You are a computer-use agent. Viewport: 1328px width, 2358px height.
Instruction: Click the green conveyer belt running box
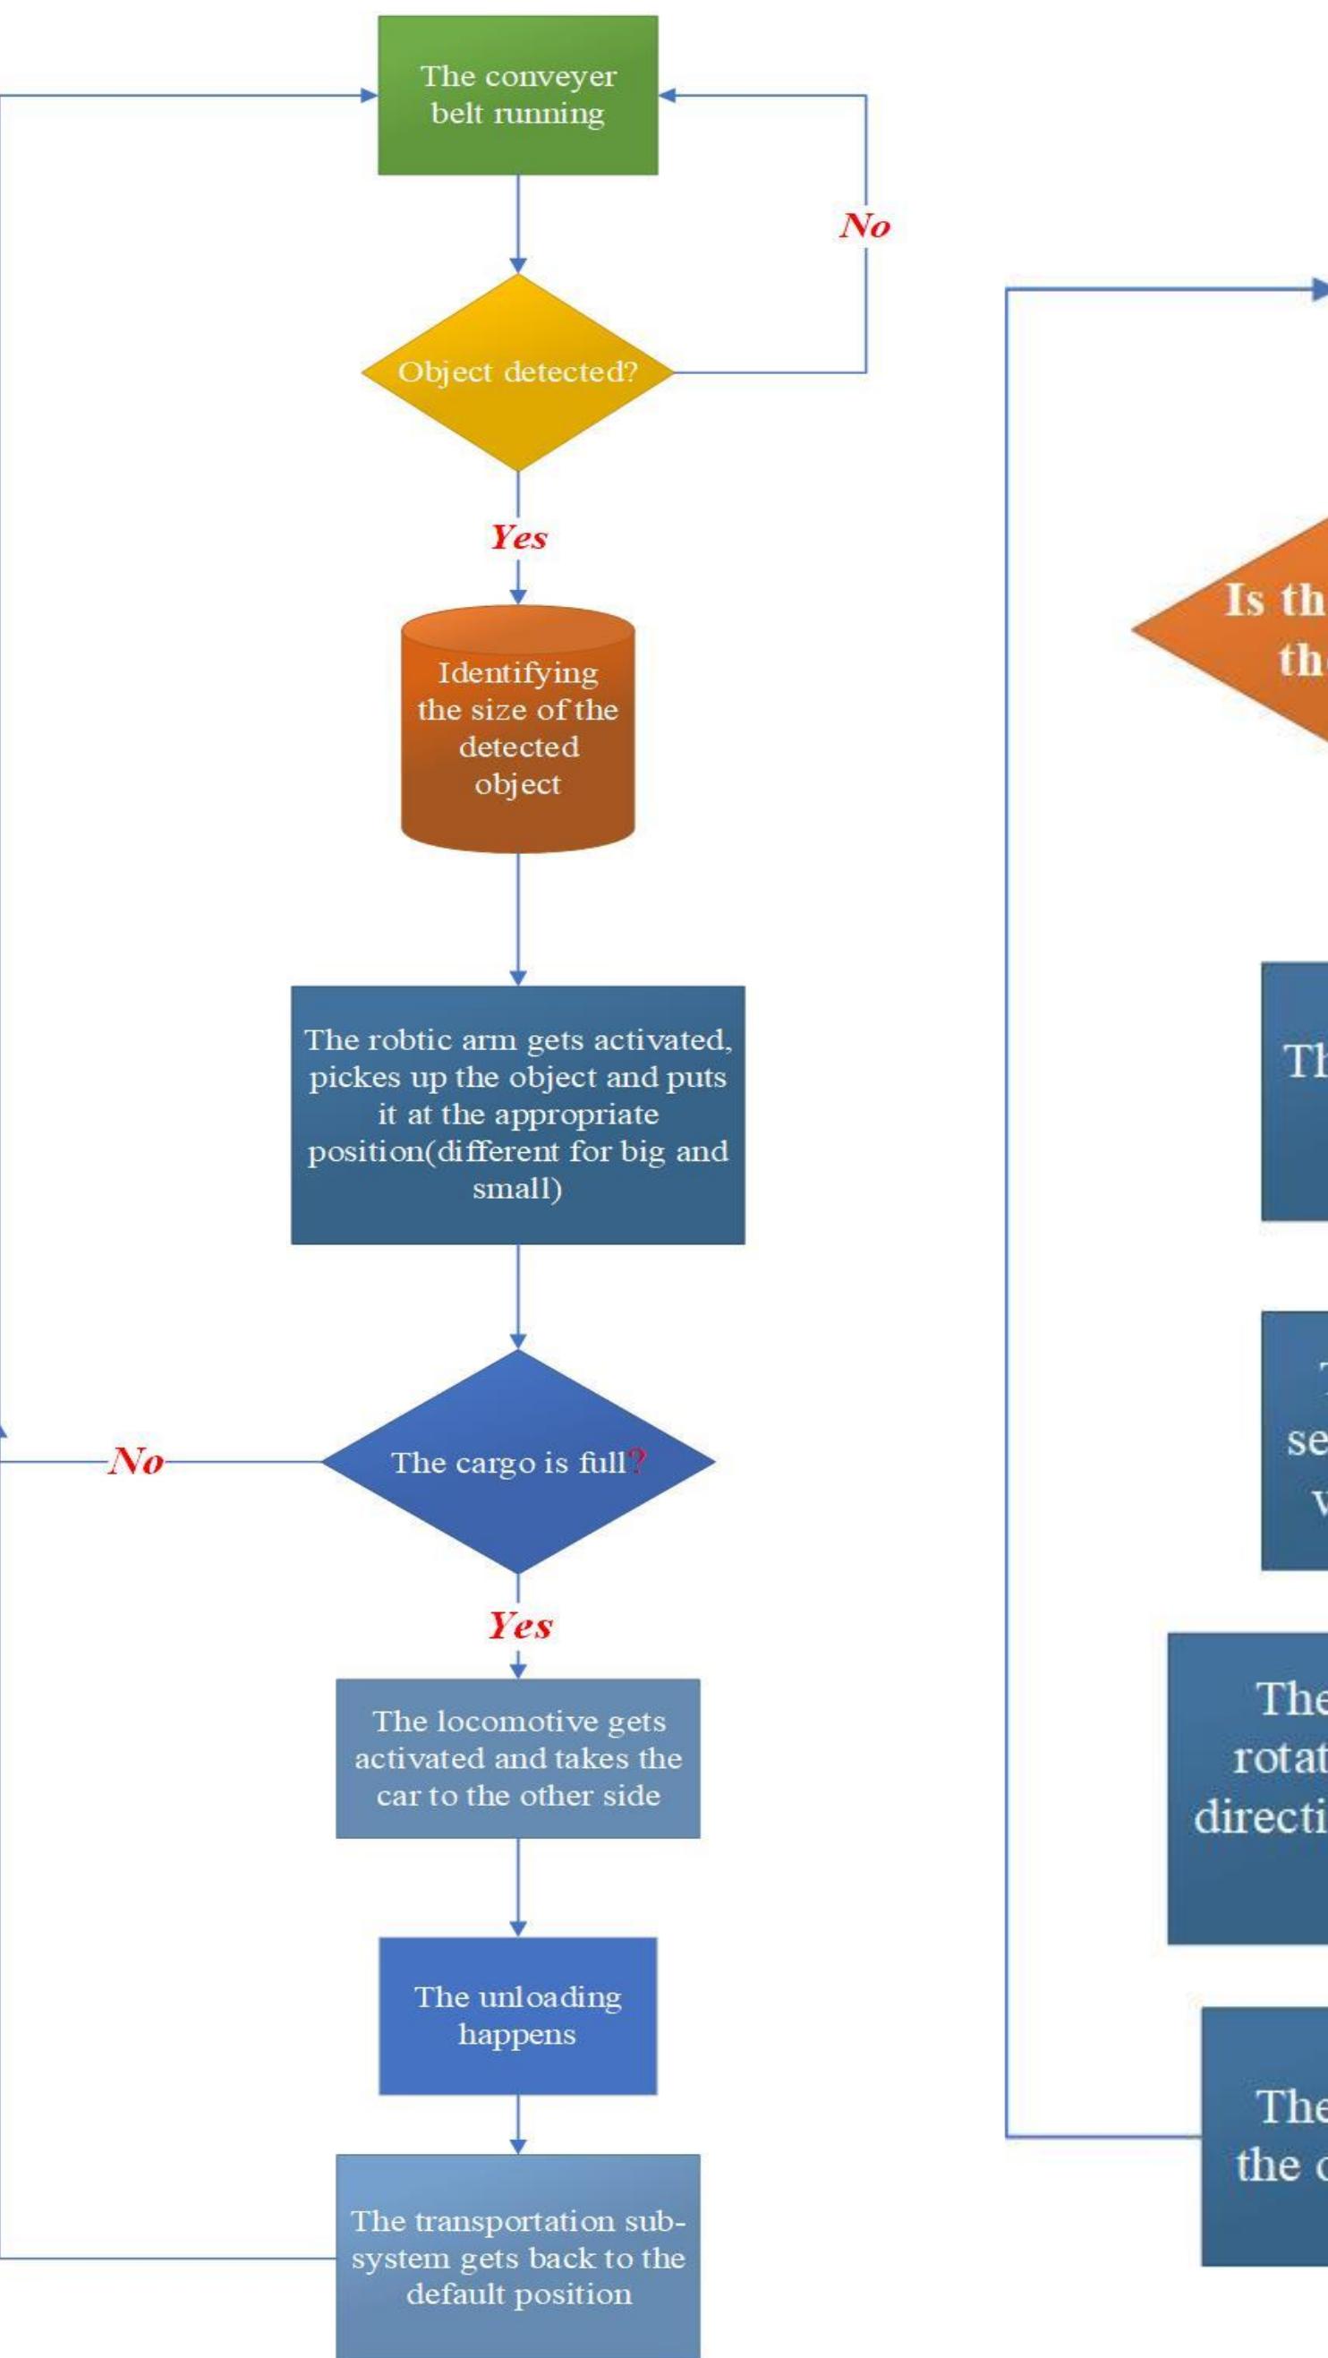[517, 94]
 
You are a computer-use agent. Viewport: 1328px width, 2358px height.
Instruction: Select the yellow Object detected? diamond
[517, 372]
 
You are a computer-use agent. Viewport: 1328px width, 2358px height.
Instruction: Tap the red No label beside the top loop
[864, 226]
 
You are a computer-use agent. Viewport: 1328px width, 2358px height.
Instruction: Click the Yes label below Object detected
[518, 536]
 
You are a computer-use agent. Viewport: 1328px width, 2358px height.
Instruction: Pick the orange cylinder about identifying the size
[517, 729]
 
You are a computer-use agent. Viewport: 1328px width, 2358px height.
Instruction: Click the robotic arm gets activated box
[517, 1114]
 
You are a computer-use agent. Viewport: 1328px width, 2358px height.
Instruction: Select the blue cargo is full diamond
[517, 1462]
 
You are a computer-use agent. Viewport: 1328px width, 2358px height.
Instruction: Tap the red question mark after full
[638, 1462]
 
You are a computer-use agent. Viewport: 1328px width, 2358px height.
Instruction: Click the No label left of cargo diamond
[136, 1461]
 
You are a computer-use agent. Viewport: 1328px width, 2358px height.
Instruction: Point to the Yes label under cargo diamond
[519, 1626]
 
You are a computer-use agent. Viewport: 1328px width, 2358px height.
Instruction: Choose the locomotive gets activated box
[517, 1758]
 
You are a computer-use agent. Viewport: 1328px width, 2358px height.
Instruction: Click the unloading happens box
[517, 2015]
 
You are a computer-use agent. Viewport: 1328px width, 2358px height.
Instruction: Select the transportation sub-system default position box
[517, 2259]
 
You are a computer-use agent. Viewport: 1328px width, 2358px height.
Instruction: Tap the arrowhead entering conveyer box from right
[667, 94]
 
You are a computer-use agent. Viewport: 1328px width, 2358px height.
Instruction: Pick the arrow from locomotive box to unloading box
[518, 1885]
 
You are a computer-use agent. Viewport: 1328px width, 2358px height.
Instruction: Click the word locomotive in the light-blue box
[519, 1722]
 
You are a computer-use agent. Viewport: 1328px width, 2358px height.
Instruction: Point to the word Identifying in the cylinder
[517, 673]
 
